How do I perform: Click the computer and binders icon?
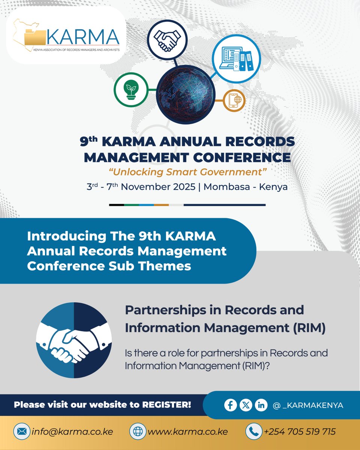[x=236, y=58]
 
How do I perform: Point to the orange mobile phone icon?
[x=234, y=100]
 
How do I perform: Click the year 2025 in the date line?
[x=182, y=187]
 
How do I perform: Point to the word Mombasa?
[x=228, y=187]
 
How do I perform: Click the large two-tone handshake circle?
[x=74, y=340]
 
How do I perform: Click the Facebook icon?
[x=231, y=405]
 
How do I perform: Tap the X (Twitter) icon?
[x=246, y=405]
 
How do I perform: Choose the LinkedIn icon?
[x=261, y=405]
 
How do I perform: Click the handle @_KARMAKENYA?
[x=308, y=405]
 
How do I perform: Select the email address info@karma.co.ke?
[x=72, y=432]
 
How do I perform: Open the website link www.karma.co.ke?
[x=187, y=432]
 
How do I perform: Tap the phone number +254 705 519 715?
[x=300, y=432]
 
